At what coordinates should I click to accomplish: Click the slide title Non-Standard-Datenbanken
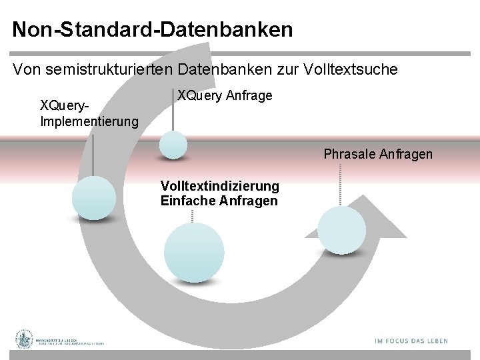pos(152,29)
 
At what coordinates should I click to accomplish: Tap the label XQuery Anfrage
pos(225,96)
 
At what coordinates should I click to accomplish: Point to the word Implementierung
pos(89,121)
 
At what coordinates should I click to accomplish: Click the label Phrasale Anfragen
pos(378,154)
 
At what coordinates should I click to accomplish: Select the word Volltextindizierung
pos(220,186)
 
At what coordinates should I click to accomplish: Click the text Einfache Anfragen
pos(219,201)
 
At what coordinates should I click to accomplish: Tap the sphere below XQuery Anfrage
pos(173,145)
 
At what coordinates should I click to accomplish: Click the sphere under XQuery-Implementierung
pos(93,198)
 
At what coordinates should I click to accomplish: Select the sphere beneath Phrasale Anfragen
pos(341,230)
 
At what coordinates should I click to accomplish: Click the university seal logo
pos(25,340)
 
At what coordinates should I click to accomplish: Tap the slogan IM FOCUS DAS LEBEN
pos(411,341)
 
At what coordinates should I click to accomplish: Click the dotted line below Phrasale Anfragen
pos(340,184)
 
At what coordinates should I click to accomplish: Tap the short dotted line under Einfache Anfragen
pos(193,215)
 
